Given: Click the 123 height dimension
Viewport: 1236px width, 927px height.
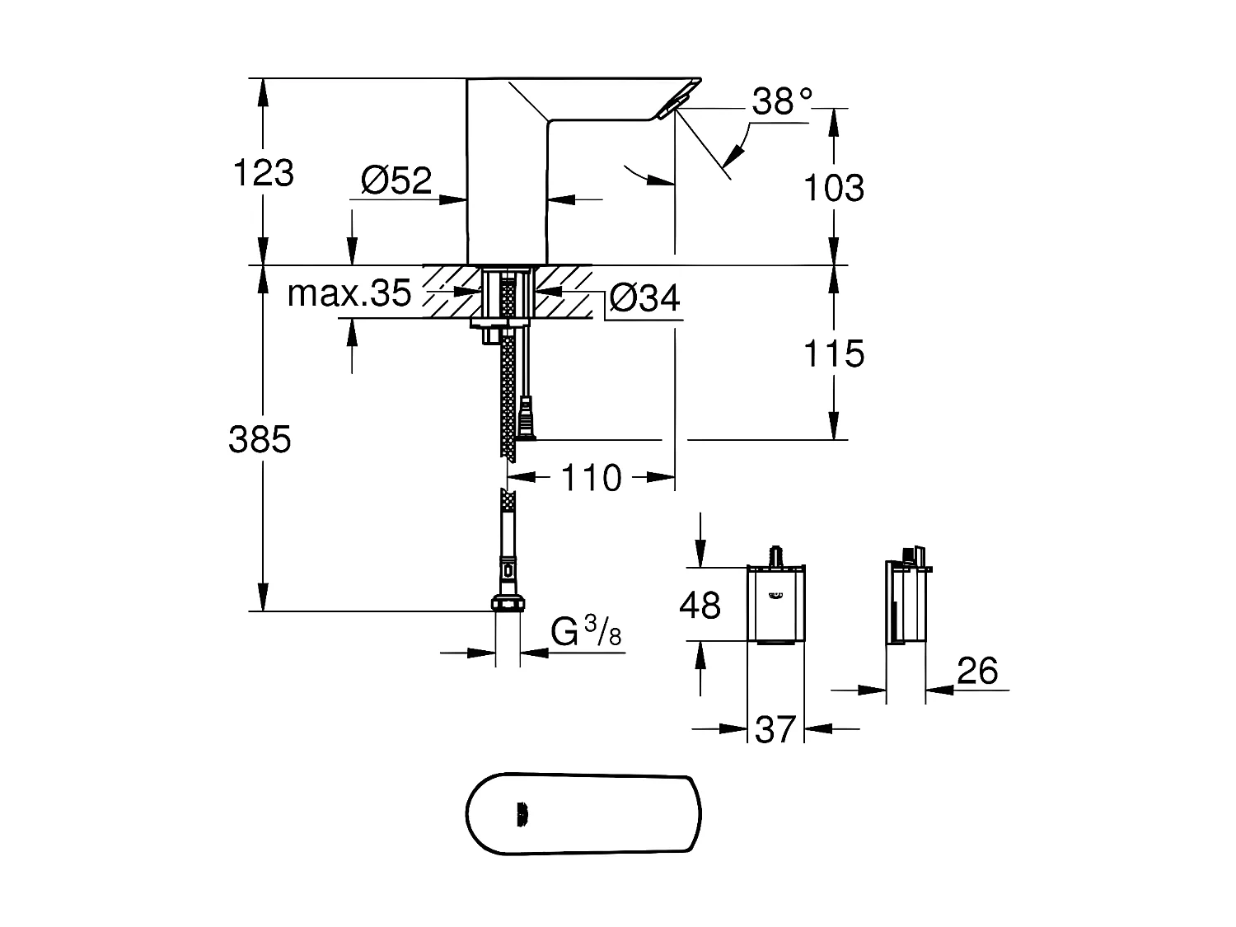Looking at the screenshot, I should click(x=264, y=173).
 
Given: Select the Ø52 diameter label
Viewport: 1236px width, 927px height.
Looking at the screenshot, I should click(x=396, y=180).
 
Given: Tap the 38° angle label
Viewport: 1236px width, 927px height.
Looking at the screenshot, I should click(x=782, y=101).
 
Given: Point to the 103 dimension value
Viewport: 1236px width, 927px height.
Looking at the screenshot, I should click(x=834, y=188).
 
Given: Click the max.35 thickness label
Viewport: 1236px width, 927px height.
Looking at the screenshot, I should click(x=349, y=293).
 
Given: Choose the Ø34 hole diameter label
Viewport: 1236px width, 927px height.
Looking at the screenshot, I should click(x=645, y=298).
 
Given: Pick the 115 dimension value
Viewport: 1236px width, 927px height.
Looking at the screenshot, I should click(x=834, y=353).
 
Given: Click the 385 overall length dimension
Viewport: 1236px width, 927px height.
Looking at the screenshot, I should click(x=260, y=440).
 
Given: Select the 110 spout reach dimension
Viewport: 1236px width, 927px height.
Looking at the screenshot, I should click(x=591, y=478).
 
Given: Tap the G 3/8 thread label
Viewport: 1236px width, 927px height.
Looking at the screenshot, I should click(x=586, y=633).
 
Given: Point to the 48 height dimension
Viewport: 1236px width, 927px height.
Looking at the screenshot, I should click(x=700, y=606).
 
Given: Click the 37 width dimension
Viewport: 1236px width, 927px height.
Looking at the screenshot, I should click(x=775, y=729).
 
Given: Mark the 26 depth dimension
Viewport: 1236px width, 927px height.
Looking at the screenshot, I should click(x=977, y=672).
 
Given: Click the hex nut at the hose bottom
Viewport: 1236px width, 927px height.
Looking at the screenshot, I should click(x=508, y=603).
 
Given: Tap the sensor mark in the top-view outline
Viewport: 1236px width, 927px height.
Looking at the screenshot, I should click(x=522, y=815).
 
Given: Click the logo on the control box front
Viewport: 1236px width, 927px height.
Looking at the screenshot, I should click(x=775, y=595).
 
